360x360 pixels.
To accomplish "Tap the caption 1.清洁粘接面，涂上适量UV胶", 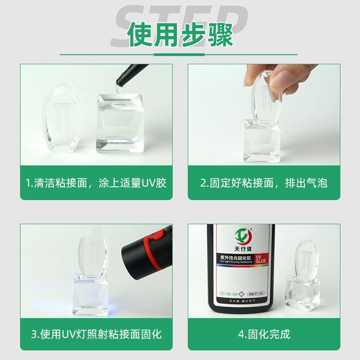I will click(x=95, y=183).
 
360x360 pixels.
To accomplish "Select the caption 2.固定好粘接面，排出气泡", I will click(x=263, y=183).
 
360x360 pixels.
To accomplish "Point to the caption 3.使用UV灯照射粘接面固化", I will click(x=96, y=334).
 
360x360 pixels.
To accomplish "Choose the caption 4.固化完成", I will click(x=264, y=334).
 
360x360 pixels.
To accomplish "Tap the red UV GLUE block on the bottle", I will click(x=261, y=260).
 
